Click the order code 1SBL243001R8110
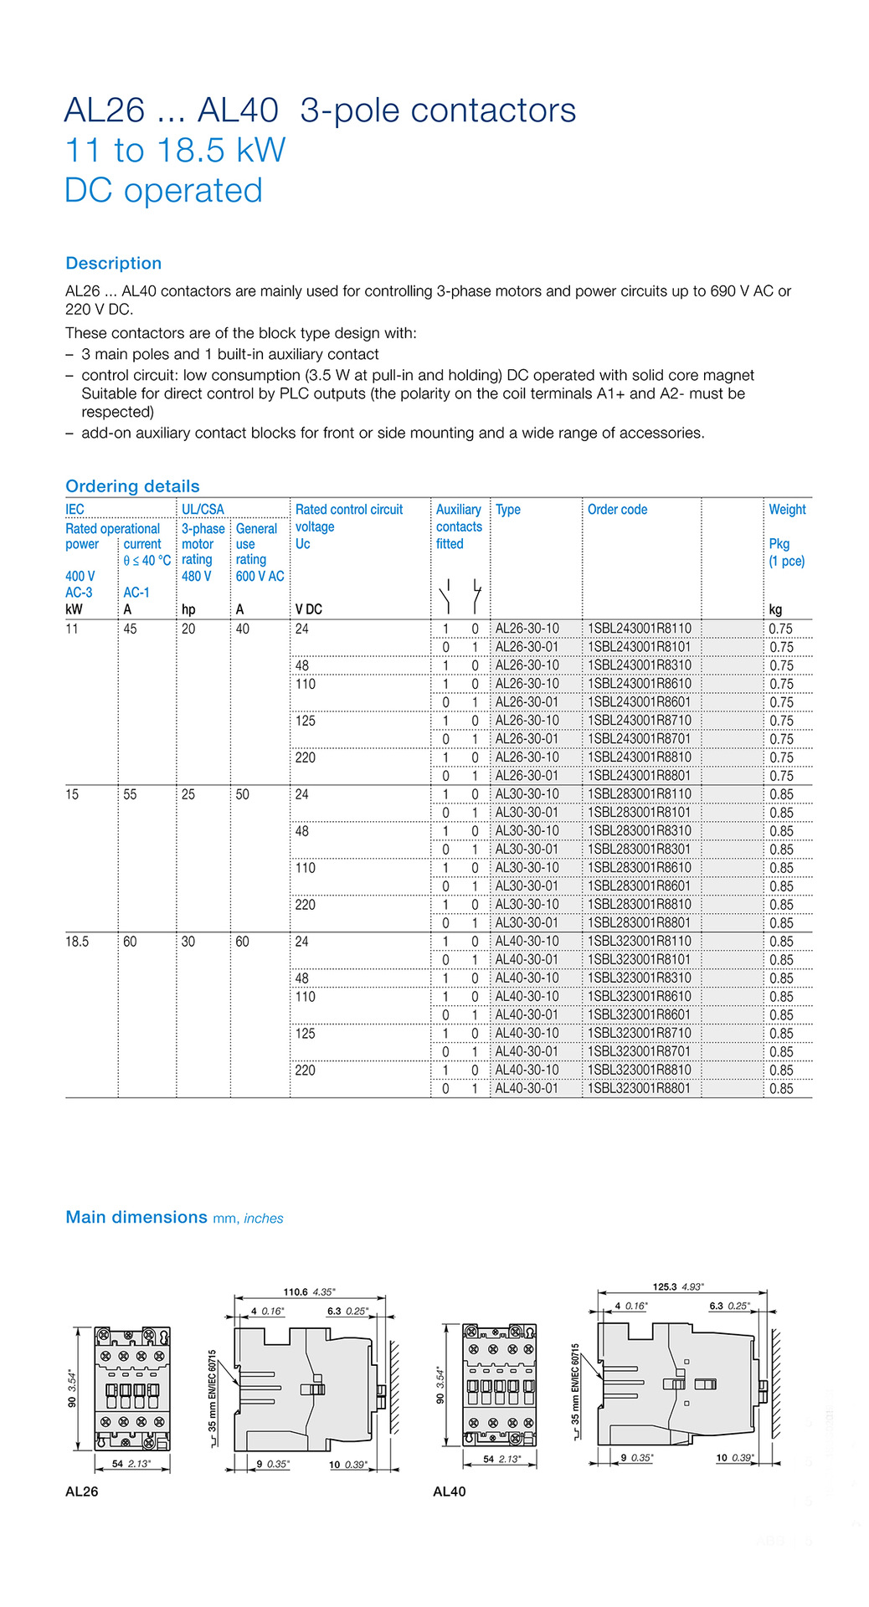click(640, 629)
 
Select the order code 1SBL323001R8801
click(640, 1089)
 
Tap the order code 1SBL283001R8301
click(640, 850)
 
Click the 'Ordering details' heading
click(132, 486)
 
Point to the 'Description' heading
click(113, 263)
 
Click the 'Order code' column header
click(617, 510)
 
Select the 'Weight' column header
click(787, 510)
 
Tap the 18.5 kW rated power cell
click(77, 942)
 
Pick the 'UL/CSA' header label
click(203, 510)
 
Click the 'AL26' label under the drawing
click(82, 1491)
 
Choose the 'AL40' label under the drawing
click(450, 1491)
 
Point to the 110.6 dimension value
click(296, 1292)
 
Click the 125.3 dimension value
click(666, 1287)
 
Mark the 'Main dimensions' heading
click(136, 1217)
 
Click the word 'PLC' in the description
click(329, 393)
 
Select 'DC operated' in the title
click(163, 191)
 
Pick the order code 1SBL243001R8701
click(640, 739)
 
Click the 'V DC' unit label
click(308, 609)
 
